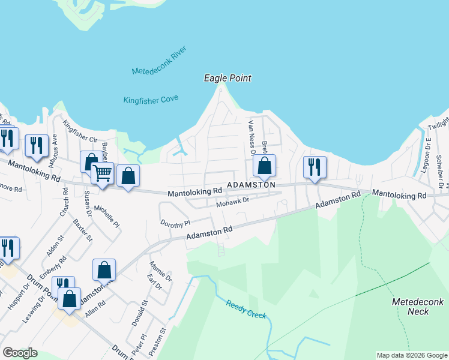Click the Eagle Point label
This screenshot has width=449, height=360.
(227, 78)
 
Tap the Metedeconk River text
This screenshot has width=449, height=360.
(160, 62)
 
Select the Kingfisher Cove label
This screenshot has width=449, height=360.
(151, 100)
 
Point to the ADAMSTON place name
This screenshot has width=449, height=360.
(251, 185)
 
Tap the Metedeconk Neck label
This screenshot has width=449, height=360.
(411, 306)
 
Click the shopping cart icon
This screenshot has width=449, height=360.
(102, 174)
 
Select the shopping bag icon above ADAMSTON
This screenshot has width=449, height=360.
(264, 166)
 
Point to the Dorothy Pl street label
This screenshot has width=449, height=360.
(175, 222)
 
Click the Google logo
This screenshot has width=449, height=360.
(20, 352)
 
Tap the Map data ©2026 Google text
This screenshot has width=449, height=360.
(411, 355)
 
